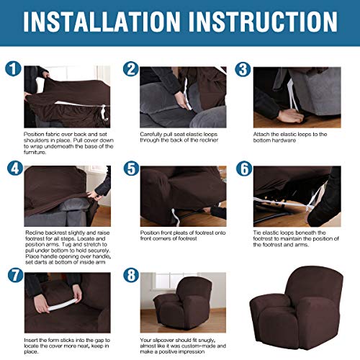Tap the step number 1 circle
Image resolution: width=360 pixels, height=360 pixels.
(x=12, y=70)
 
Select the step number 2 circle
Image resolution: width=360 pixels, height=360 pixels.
(x=130, y=70)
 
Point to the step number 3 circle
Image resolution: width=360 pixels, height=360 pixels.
(x=244, y=70)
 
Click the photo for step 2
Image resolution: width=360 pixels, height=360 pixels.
(x=183, y=97)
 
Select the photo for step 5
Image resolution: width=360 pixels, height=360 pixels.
(x=183, y=194)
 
